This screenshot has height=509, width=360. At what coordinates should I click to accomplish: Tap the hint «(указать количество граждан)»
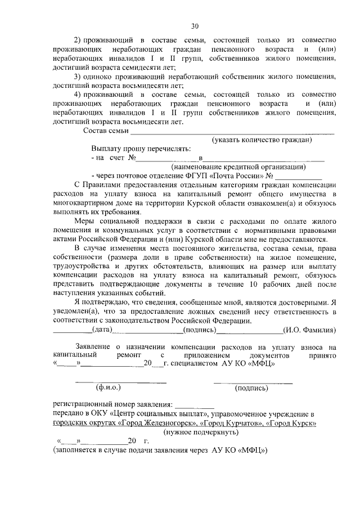(x=261, y=140)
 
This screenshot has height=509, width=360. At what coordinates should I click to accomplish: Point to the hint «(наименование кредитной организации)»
(x=238, y=167)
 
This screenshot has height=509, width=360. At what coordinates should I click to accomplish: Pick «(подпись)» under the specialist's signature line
(x=251, y=388)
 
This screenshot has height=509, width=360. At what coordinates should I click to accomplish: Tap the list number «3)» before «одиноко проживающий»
(x=79, y=76)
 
